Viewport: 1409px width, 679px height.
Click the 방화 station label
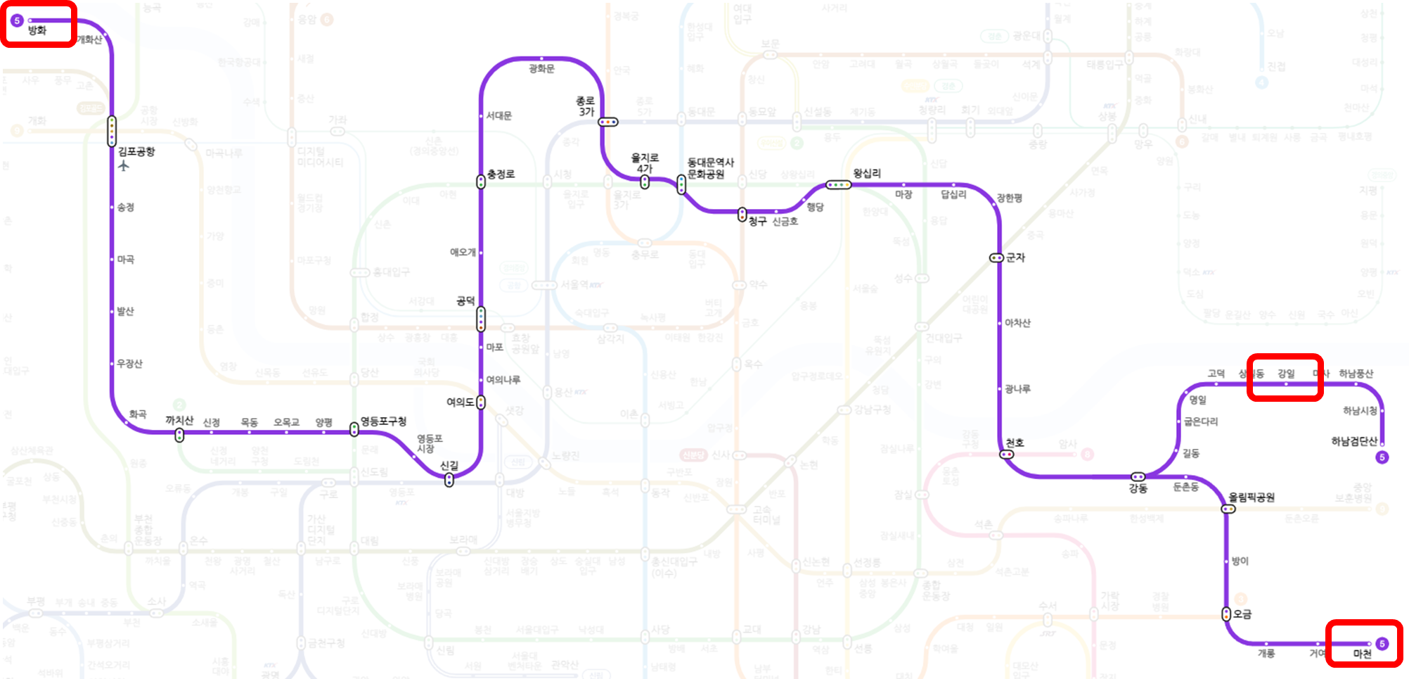click(37, 30)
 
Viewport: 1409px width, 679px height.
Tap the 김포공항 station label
click(136, 151)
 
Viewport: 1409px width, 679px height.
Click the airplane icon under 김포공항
click(124, 166)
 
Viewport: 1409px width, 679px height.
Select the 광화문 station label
click(541, 68)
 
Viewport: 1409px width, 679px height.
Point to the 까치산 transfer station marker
click(179, 436)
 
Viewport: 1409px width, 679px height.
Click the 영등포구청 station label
click(383, 421)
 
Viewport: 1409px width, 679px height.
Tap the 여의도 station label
click(460, 402)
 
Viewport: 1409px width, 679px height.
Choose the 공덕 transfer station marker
click(481, 319)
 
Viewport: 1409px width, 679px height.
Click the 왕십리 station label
click(867, 173)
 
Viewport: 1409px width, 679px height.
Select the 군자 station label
click(1015, 258)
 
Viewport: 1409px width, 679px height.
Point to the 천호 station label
click(1015, 443)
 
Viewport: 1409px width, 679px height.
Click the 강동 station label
click(1138, 488)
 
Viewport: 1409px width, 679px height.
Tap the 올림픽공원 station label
click(1252, 497)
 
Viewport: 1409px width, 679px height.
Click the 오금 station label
click(1242, 614)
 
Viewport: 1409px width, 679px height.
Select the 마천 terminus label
click(1363, 654)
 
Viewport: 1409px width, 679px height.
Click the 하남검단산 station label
click(1354, 441)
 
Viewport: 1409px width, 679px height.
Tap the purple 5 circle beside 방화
click(17, 20)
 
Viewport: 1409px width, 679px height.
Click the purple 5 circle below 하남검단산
click(1382, 457)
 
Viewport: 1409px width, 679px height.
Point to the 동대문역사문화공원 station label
click(710, 168)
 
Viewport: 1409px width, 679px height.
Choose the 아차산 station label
click(1017, 323)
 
